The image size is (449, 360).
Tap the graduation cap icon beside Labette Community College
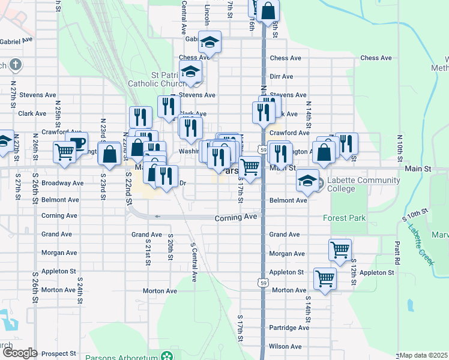click(x=307, y=181)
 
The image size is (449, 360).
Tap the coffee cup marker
click(x=76, y=144)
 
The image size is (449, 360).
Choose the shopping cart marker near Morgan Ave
click(x=340, y=250)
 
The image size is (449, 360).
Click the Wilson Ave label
click(x=285, y=346)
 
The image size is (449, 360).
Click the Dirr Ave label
click(x=281, y=77)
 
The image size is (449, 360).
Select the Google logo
click(x=20, y=353)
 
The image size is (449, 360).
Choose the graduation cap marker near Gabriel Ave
click(x=209, y=42)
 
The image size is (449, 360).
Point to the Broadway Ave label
click(x=62, y=182)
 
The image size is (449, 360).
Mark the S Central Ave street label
click(x=193, y=262)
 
